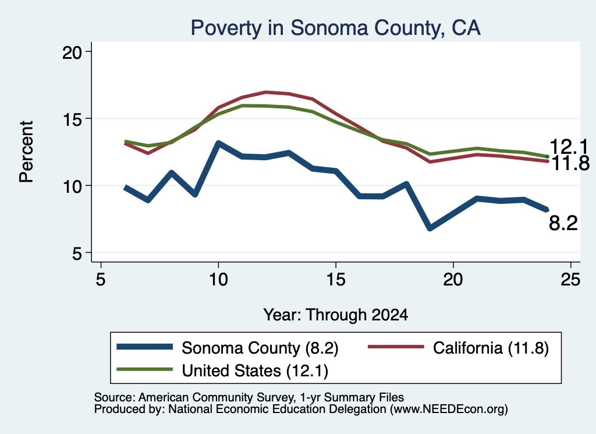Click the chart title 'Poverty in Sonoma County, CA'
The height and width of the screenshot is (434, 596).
tap(336, 28)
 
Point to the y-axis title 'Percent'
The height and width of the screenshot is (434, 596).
tap(26, 152)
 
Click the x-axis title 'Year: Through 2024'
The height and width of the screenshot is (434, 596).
tap(336, 315)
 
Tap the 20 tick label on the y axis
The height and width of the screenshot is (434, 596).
tap(72, 52)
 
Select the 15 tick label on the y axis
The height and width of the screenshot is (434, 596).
tap(72, 119)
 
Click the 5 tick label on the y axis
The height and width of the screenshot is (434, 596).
tap(77, 253)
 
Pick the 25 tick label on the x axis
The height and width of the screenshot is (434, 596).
tap(570, 280)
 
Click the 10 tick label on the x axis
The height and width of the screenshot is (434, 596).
tap(218, 280)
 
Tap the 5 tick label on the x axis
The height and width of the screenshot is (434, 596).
tap(100, 280)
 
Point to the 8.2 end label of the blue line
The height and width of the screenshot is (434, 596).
tap(563, 223)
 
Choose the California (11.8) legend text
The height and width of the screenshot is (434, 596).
tap(491, 348)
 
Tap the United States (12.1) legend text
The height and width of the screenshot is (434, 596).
tap(255, 371)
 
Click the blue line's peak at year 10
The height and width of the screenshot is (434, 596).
tap(218, 143)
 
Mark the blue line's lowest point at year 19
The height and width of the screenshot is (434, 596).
tap(430, 228)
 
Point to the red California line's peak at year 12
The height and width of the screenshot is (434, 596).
tap(265, 92)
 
